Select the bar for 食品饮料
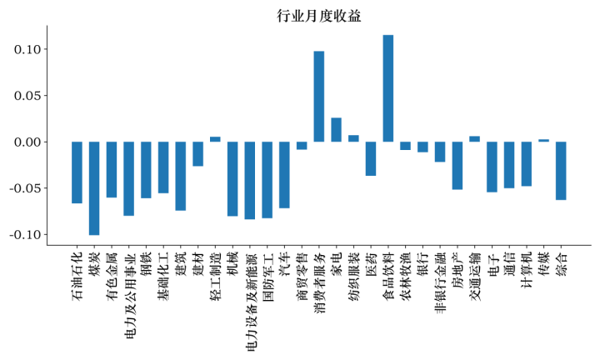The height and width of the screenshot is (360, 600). (388, 88)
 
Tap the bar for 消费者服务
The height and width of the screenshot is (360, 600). (319, 97)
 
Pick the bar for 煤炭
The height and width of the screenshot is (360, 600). (94, 188)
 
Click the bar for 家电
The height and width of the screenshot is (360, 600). (336, 130)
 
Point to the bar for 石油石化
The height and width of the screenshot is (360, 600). (77, 172)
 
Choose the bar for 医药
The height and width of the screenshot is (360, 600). (371, 158)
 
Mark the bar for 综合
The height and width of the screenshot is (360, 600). (561, 171)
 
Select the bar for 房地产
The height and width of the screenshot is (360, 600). (457, 166)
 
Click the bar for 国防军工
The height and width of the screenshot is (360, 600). (267, 180)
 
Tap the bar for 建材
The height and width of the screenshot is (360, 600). (197, 154)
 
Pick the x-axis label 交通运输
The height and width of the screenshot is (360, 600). (475, 272)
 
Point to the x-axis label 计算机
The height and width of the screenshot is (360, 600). (527, 267)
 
